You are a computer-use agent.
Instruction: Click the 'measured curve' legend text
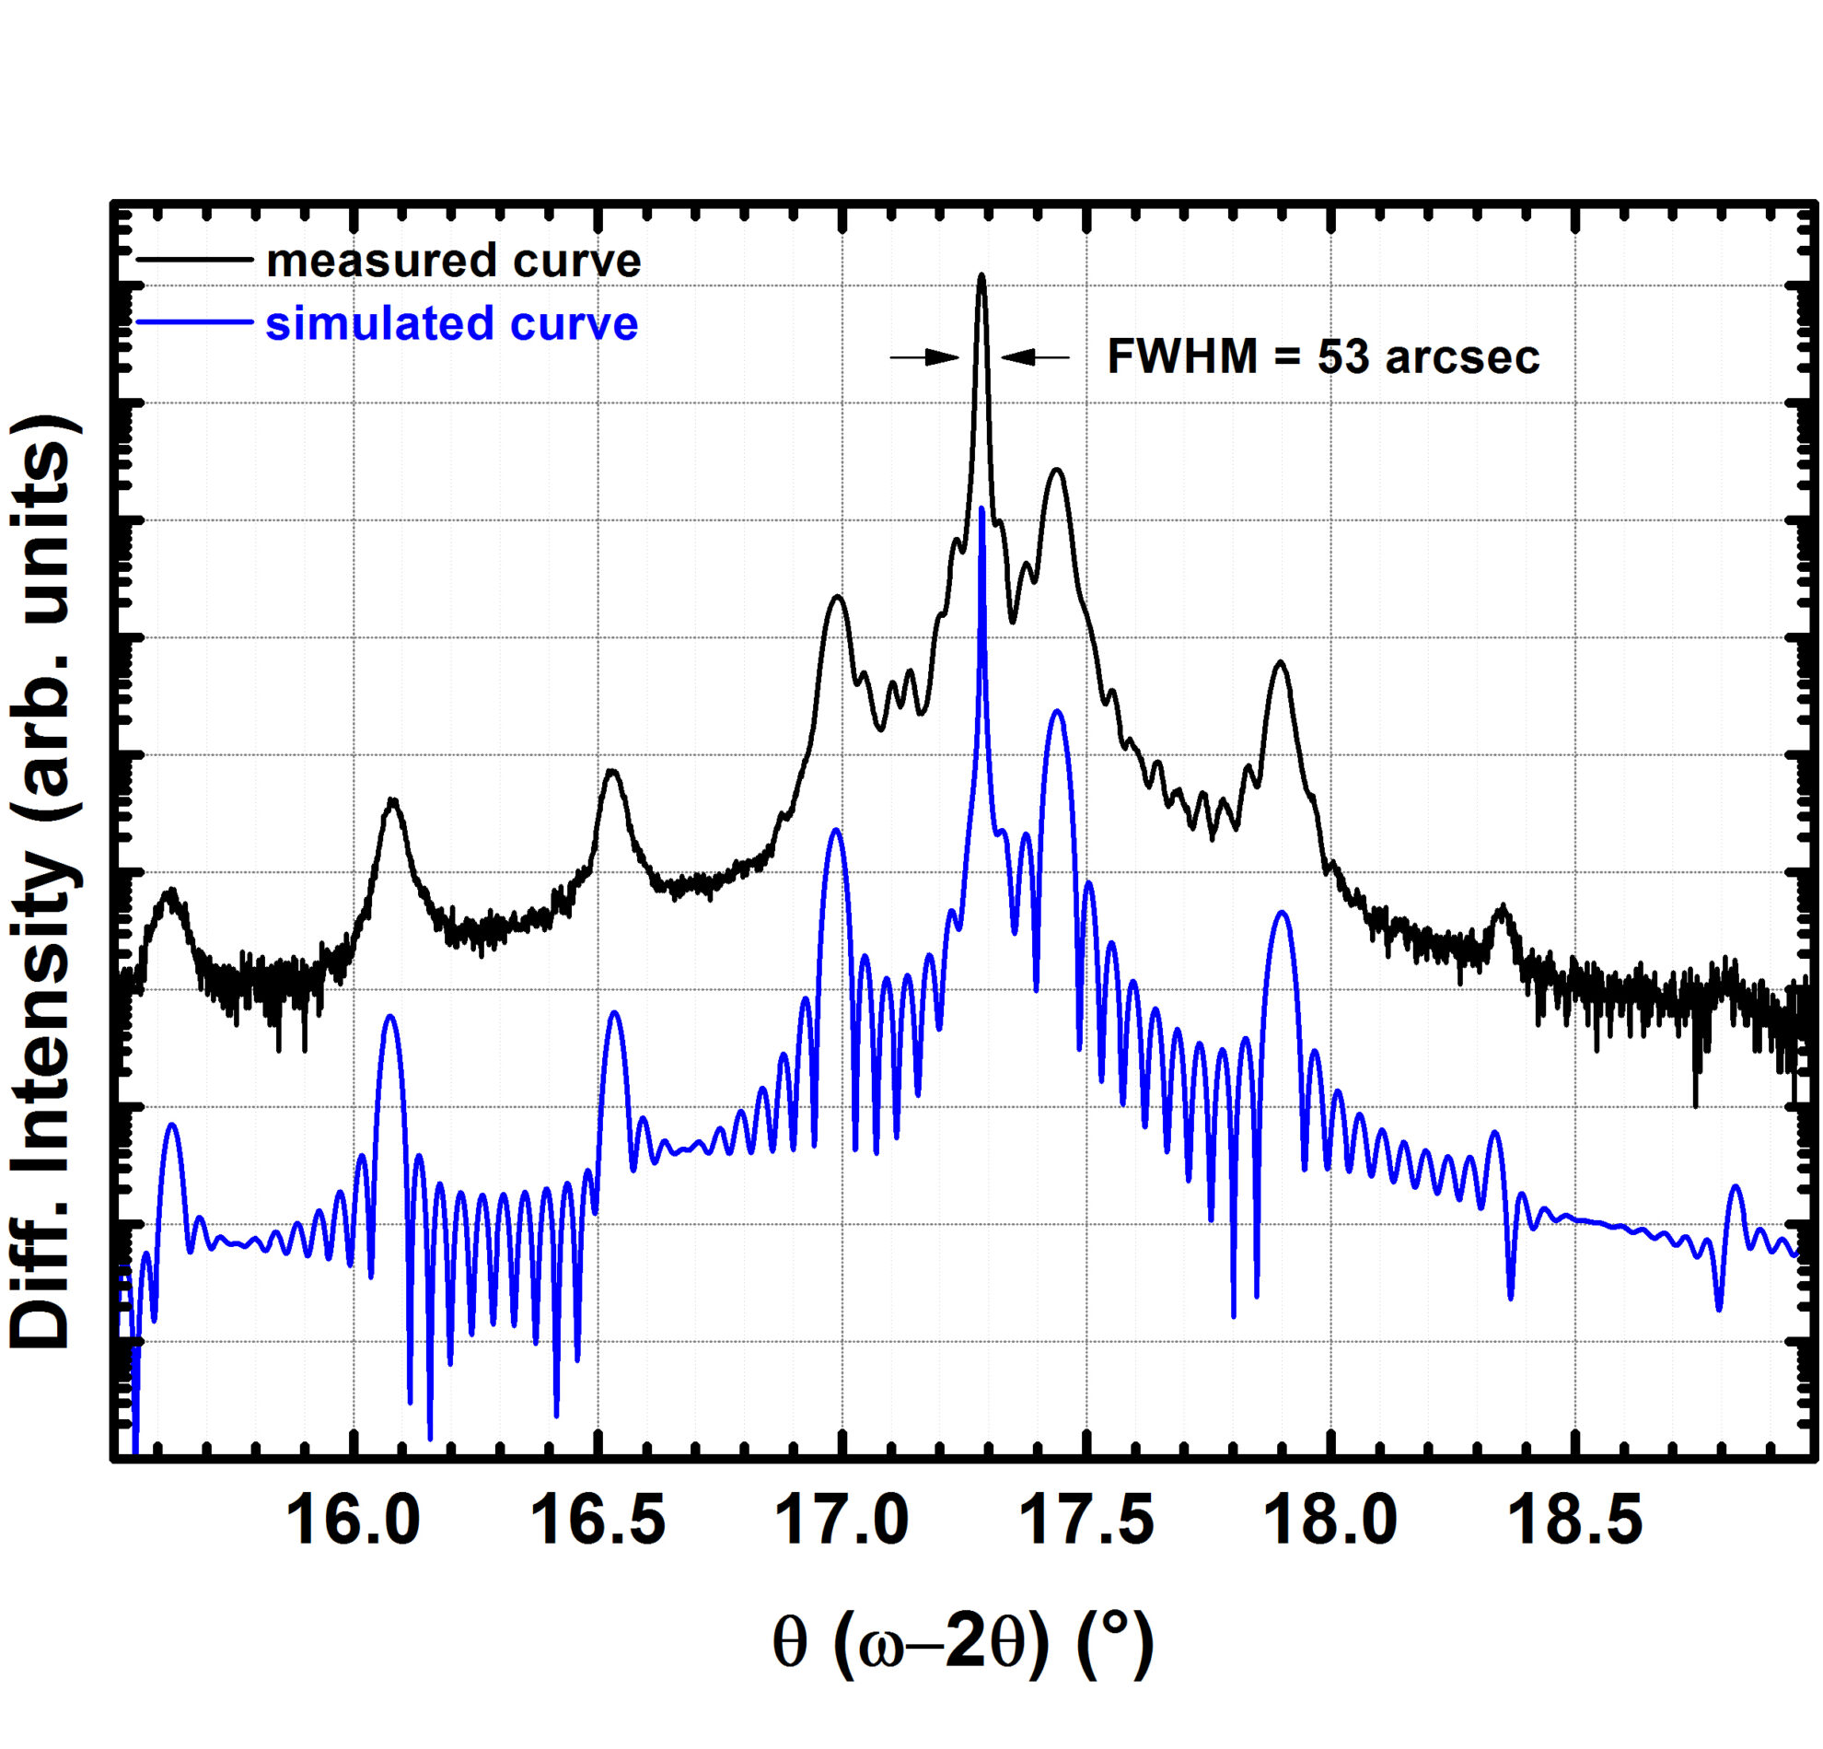pyautogui.click(x=454, y=261)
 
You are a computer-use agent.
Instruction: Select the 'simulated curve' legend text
pyautogui.click(x=452, y=324)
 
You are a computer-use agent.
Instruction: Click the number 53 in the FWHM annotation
pyautogui.click(x=1343, y=356)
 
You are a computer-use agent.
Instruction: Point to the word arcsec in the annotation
pyautogui.click(x=1462, y=357)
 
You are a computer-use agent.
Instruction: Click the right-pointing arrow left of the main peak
pyautogui.click(x=925, y=356)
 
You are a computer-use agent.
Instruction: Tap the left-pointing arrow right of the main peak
pyautogui.click(x=1034, y=356)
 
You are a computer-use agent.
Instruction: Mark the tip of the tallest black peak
pyautogui.click(x=981, y=275)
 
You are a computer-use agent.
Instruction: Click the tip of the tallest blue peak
pyautogui.click(x=982, y=508)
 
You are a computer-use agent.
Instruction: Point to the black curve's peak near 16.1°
pyautogui.click(x=392, y=799)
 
